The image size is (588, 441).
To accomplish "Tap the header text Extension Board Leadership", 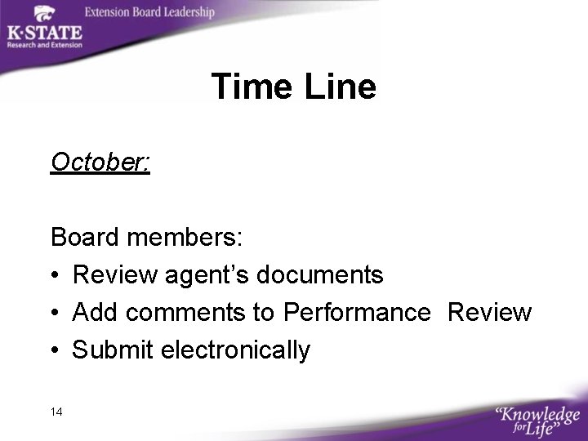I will (x=149, y=12).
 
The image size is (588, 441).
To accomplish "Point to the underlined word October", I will (x=100, y=163).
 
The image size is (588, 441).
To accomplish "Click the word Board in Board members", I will (x=84, y=238).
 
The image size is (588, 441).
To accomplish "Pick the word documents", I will (x=319, y=275).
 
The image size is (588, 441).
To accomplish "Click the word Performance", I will (x=357, y=313).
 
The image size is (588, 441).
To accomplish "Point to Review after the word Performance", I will (x=490, y=313).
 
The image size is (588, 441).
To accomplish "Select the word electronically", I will (x=236, y=350).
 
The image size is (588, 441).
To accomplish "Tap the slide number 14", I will (x=56, y=412).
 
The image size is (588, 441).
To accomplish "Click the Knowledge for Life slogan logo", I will (x=537, y=418).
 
